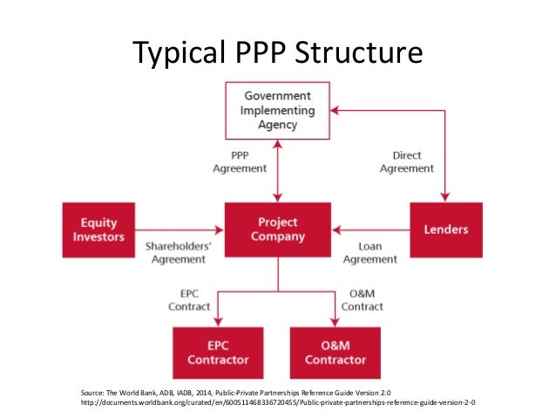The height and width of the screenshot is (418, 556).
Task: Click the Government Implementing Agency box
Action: click(277, 110)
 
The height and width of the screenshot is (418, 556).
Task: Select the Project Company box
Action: click(277, 230)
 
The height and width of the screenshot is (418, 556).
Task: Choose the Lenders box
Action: click(445, 230)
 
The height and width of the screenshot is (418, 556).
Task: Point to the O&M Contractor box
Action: click(336, 352)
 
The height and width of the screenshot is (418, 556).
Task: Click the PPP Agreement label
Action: click(240, 161)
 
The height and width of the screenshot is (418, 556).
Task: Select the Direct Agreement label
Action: click(407, 161)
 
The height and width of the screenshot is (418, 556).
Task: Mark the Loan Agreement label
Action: click(370, 252)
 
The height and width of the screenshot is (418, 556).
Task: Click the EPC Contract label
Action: click(189, 300)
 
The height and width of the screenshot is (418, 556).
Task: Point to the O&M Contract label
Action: click(362, 300)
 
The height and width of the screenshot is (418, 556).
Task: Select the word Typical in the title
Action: click(176, 54)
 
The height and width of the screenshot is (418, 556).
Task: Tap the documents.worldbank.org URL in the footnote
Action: click(279, 402)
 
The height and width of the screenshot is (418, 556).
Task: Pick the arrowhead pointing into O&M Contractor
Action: click(336, 322)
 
